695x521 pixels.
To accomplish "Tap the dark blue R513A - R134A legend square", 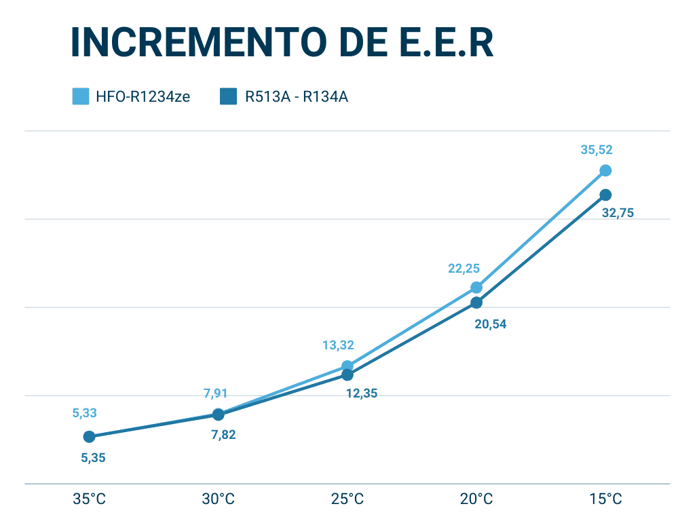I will click(x=228, y=96).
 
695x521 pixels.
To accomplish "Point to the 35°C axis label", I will click(x=90, y=500).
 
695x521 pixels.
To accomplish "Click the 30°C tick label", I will click(x=219, y=500).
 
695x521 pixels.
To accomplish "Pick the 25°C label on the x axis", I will click(x=347, y=500).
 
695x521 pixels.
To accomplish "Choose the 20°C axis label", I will click(x=476, y=500).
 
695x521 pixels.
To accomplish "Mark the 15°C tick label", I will click(x=605, y=500).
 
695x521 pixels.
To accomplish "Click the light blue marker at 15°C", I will click(x=605, y=170).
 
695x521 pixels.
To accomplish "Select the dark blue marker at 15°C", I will click(x=605, y=195).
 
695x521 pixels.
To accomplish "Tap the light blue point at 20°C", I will click(x=476, y=288).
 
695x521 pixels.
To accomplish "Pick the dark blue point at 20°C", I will click(x=476, y=303).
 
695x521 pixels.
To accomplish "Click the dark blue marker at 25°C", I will click(x=347, y=374).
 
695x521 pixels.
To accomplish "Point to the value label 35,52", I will click(x=597, y=151).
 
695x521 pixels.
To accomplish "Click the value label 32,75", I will click(x=618, y=213).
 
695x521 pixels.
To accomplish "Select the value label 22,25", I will click(x=464, y=269).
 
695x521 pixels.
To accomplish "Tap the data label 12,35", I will click(x=360, y=393).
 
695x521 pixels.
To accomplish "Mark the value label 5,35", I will click(x=93, y=458).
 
